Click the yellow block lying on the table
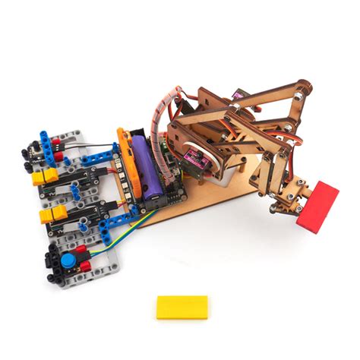[182, 307]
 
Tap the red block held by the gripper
[317, 204]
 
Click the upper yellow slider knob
[46, 178]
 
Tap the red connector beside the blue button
[85, 267]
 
